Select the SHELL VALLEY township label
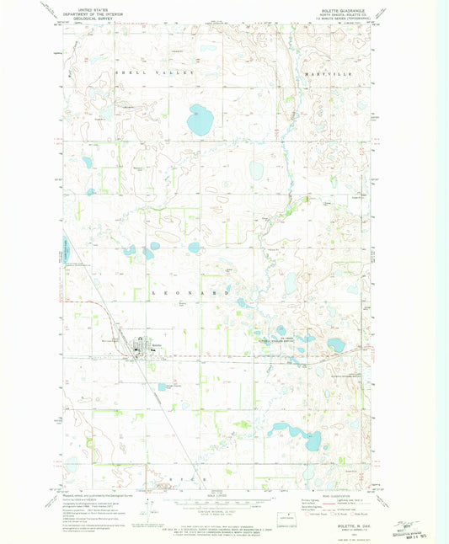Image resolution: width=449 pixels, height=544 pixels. pyautogui.click(x=154, y=73)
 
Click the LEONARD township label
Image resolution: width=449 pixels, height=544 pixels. pyautogui.click(x=201, y=291)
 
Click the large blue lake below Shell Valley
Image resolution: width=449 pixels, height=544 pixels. pyautogui.click(x=200, y=120)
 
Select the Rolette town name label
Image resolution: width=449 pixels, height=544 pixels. pyautogui.click(x=157, y=343)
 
